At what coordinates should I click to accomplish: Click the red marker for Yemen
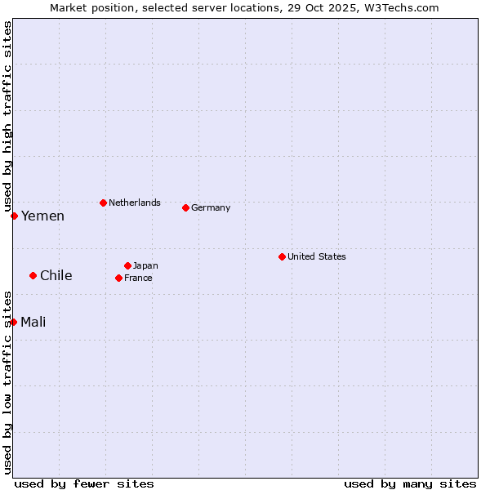[x=14, y=216]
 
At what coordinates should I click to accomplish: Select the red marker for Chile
[x=33, y=275]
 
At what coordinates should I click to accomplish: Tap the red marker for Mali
[x=14, y=322]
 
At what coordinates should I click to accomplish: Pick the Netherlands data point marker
[x=103, y=203]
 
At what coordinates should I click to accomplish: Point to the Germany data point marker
[x=185, y=207]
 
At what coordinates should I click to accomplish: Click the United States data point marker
[x=282, y=256]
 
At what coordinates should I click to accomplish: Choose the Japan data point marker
[x=127, y=265]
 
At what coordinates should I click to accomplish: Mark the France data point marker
[x=118, y=278]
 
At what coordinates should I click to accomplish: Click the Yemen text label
[x=42, y=216]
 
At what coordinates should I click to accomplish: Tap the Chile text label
[x=56, y=276]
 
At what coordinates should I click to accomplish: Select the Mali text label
[x=33, y=323]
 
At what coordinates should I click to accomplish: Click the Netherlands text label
[x=134, y=203]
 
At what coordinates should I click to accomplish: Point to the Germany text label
[x=211, y=207]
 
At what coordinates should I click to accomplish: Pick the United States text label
[x=316, y=256]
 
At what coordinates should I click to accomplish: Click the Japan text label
[x=145, y=265]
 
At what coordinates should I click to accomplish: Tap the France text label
[x=138, y=278]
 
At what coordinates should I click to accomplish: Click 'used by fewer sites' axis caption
[x=84, y=483]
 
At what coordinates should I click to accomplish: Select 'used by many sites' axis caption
[x=410, y=483]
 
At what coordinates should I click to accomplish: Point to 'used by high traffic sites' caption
[x=7, y=116]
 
